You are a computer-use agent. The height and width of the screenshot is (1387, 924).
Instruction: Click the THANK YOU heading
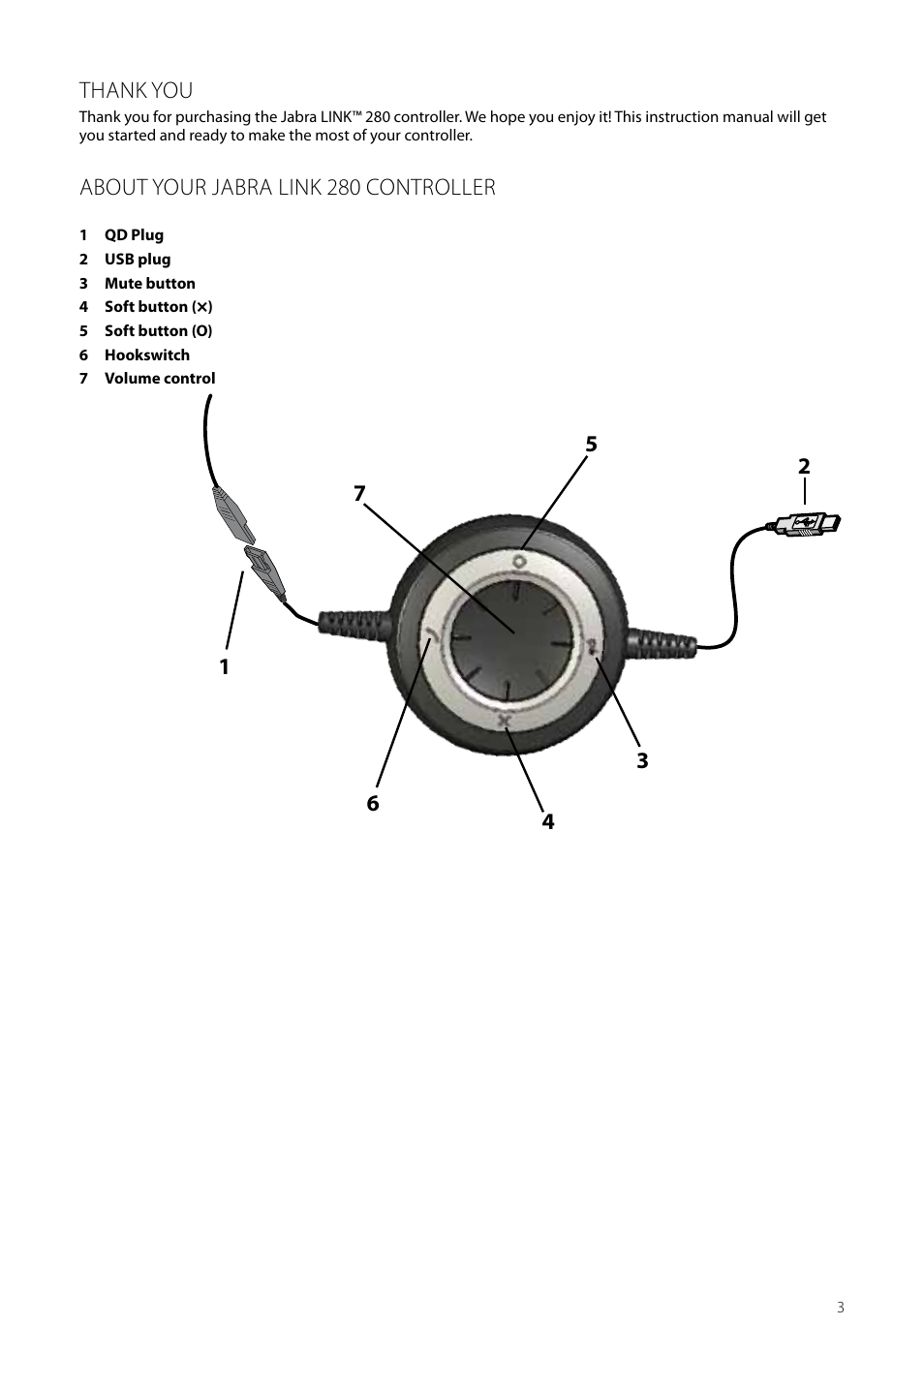coord(136,90)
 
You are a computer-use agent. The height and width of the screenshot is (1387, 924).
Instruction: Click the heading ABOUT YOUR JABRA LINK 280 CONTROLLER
coord(288,187)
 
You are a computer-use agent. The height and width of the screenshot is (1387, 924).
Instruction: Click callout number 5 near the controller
coord(592,444)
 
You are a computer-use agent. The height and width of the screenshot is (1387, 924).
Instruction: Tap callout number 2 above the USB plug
coord(804,466)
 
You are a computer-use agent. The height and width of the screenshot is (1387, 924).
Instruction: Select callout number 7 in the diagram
coord(359,494)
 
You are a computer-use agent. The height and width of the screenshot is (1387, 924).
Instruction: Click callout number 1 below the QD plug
coord(224,667)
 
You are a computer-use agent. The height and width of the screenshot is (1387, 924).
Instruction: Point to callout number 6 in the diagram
coord(373,803)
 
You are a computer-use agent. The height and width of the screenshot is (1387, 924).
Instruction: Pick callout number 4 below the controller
coord(548,821)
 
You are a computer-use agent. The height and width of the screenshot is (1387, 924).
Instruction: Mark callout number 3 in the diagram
coord(642,760)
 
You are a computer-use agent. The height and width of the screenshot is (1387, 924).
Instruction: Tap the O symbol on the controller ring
coord(519,562)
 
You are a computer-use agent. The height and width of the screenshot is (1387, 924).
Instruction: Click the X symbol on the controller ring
coord(505,721)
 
